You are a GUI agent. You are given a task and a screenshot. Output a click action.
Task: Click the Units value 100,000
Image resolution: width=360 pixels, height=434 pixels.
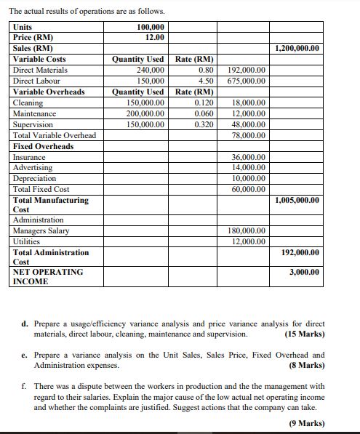tap(150, 27)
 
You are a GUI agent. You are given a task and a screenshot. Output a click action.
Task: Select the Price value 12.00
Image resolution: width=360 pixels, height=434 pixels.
tap(154, 37)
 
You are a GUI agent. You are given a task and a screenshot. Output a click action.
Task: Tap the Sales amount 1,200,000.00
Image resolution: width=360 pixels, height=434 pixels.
tap(297, 49)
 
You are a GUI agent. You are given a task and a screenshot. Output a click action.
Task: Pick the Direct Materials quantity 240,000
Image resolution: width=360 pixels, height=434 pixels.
tap(149, 71)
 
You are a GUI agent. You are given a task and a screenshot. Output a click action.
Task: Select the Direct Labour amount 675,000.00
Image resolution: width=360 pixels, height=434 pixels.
tap(247, 81)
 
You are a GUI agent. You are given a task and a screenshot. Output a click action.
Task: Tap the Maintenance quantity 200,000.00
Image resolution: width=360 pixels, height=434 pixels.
tap(145, 114)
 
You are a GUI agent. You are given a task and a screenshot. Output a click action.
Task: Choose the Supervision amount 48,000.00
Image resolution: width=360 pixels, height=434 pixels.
tap(249, 125)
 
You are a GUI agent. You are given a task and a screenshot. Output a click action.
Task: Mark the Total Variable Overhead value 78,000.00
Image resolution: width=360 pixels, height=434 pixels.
tap(249, 136)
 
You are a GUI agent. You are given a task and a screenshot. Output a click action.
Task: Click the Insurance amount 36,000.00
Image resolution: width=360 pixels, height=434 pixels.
tap(249, 157)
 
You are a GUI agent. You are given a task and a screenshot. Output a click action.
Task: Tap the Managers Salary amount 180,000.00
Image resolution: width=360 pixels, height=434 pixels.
tap(247, 231)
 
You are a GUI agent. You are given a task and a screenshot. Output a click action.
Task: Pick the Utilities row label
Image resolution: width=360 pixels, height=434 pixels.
tap(28, 241)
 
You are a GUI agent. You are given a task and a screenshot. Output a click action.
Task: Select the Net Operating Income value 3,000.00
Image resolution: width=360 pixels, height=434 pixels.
tap(305, 272)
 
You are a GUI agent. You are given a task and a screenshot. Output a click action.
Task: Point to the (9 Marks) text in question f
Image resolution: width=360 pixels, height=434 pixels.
tap(307, 423)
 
